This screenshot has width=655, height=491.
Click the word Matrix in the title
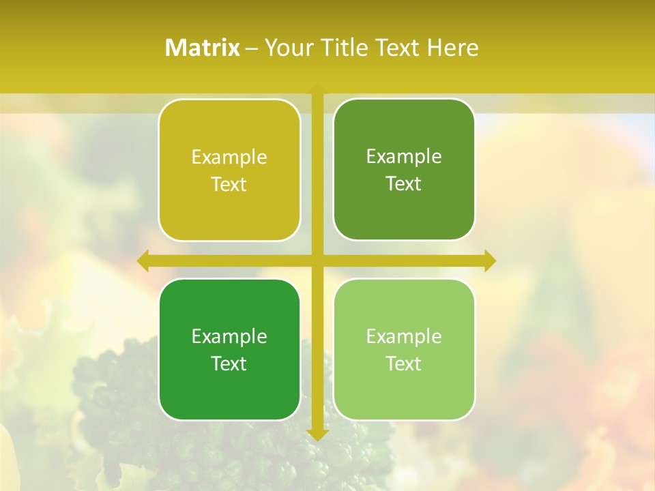[x=203, y=48]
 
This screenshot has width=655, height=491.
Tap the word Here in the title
[x=452, y=48]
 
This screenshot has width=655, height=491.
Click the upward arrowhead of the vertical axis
[x=317, y=89]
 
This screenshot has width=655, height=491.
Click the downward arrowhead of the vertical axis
[x=317, y=434]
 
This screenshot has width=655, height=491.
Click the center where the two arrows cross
[x=317, y=261]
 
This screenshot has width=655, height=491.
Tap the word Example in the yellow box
[x=229, y=158]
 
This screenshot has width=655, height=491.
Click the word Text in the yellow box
[x=229, y=184]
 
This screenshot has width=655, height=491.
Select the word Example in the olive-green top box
[x=404, y=157]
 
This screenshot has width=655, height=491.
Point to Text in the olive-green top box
[x=404, y=183]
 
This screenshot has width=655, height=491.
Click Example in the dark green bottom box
[x=229, y=337]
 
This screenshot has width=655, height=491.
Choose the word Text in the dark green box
[x=229, y=363]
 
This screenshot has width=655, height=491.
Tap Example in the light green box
[x=404, y=337]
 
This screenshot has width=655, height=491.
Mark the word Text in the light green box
[x=404, y=363]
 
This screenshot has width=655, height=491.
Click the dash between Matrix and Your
[x=252, y=48]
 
